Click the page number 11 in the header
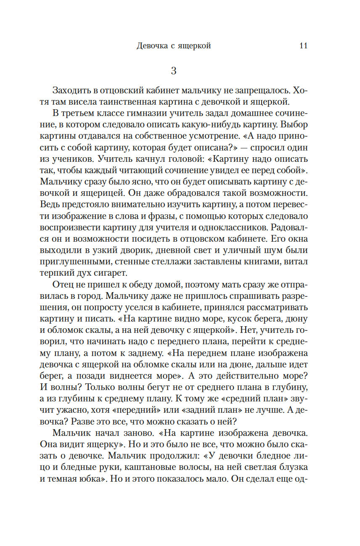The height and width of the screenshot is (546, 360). [x=303, y=46]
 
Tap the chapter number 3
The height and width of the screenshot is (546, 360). [x=174, y=70]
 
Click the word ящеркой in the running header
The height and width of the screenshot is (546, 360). [x=193, y=46]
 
